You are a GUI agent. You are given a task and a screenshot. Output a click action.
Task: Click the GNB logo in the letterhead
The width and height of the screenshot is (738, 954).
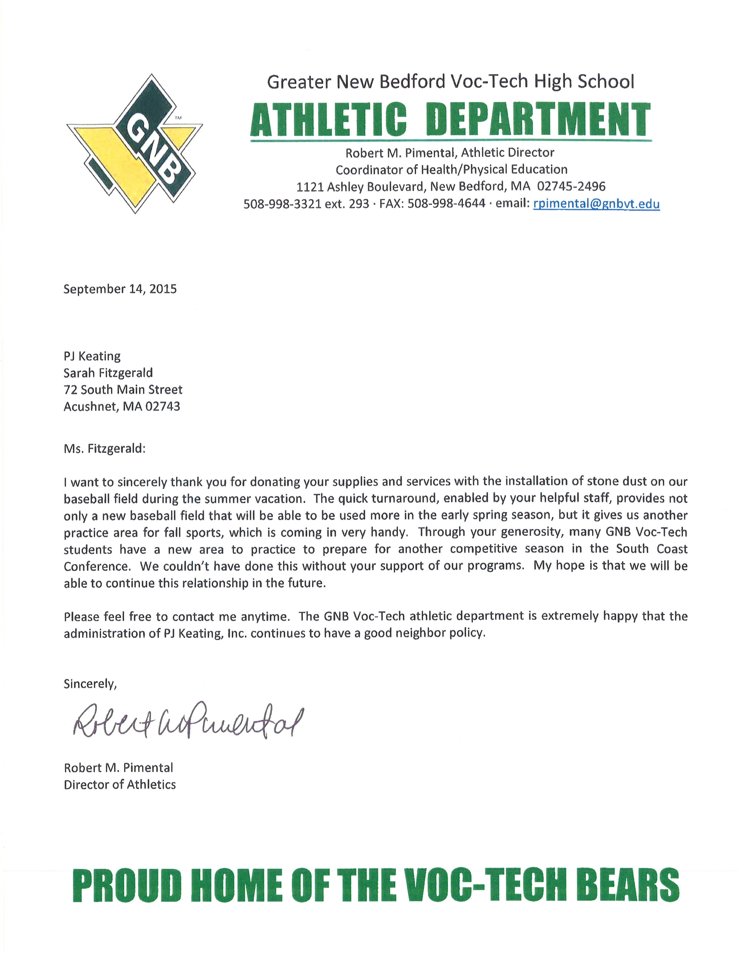135,144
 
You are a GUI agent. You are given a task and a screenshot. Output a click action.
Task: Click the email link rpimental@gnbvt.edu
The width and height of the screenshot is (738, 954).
596,204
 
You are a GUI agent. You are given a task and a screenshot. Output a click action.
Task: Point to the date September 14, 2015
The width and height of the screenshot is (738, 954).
120,289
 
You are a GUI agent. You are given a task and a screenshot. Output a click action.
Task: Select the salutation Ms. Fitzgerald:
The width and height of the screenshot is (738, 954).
104,449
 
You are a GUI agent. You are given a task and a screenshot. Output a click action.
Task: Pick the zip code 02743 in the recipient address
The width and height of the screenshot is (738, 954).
163,407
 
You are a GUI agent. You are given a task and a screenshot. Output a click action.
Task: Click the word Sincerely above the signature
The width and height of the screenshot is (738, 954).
90,684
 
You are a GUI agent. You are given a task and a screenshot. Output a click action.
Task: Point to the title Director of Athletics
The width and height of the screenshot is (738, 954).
120,785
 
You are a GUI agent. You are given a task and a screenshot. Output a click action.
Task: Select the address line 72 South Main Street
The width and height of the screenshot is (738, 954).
123,390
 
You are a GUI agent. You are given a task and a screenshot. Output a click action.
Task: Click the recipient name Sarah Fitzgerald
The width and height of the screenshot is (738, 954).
108,373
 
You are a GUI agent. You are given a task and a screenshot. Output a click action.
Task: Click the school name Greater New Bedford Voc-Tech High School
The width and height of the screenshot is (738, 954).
450,82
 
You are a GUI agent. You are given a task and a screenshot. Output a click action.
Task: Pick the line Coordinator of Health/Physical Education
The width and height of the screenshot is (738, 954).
451,169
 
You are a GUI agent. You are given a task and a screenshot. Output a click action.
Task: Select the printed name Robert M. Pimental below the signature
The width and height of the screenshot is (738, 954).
118,768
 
